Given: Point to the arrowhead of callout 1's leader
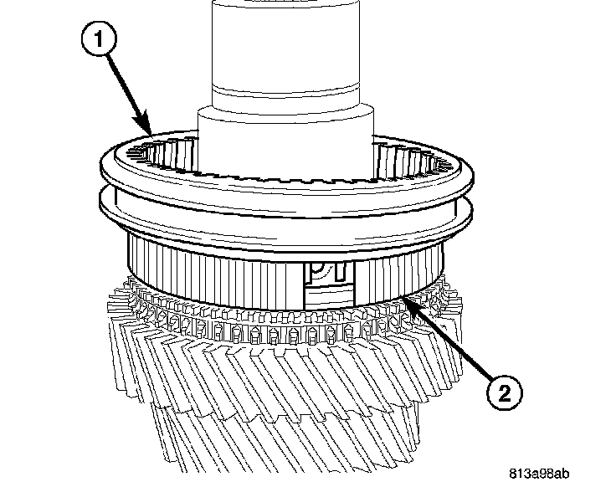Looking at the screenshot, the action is pos(151,135).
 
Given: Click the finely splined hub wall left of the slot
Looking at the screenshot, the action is pos(209,268).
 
